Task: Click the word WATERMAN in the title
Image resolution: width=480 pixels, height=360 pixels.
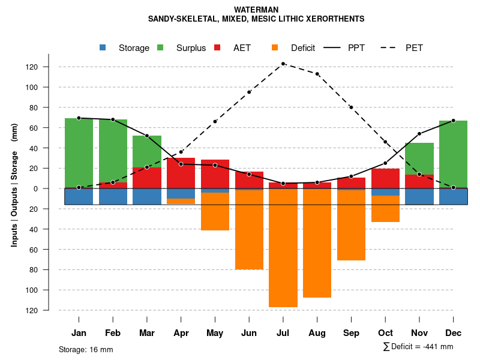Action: pyautogui.click(x=257, y=10)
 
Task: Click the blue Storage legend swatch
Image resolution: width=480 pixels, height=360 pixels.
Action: pyautogui.click(x=103, y=47)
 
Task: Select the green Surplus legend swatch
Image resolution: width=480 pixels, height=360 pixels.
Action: pyautogui.click(x=160, y=47)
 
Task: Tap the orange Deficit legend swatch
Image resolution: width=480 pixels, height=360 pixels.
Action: pyautogui.click(x=275, y=47)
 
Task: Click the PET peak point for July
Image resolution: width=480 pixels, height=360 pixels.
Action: pyautogui.click(x=283, y=64)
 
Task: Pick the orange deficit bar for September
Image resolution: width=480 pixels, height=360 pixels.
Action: pyautogui.click(x=351, y=225)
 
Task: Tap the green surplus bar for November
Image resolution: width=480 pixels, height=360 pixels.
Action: pyautogui.click(x=419, y=158)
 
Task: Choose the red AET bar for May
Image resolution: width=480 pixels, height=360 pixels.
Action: pyautogui.click(x=215, y=174)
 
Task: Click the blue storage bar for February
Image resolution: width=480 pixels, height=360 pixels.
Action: pyautogui.click(x=113, y=197)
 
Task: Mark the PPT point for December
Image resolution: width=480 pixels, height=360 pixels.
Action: pyautogui.click(x=454, y=121)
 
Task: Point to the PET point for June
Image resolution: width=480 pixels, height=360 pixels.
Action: pyautogui.click(x=249, y=92)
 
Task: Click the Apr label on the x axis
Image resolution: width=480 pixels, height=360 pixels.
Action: pyautogui.click(x=181, y=333)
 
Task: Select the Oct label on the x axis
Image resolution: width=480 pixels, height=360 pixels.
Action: pyautogui.click(x=385, y=333)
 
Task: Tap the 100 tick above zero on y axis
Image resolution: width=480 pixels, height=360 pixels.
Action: pyautogui.click(x=48, y=87)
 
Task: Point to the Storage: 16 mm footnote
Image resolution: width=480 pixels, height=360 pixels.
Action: pyautogui.click(x=86, y=349)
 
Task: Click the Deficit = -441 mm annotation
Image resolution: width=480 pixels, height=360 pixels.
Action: pyautogui.click(x=418, y=347)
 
